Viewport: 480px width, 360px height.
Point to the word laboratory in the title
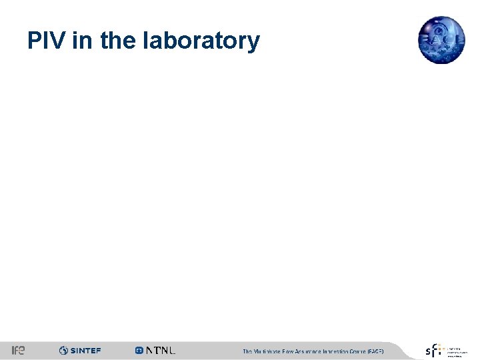pos(201,41)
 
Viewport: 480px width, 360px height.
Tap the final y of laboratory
pos(253,44)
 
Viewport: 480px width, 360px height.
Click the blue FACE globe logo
pos(441,39)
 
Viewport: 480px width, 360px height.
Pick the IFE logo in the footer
pos(18,351)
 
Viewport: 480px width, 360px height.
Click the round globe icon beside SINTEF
pos(63,351)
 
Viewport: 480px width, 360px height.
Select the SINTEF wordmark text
pos(85,351)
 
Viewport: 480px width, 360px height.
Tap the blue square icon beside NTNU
pos(139,351)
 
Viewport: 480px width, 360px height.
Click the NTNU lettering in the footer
pos(161,351)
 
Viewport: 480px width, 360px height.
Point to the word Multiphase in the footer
pos(269,351)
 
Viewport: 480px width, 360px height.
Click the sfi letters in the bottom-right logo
pos(434,351)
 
